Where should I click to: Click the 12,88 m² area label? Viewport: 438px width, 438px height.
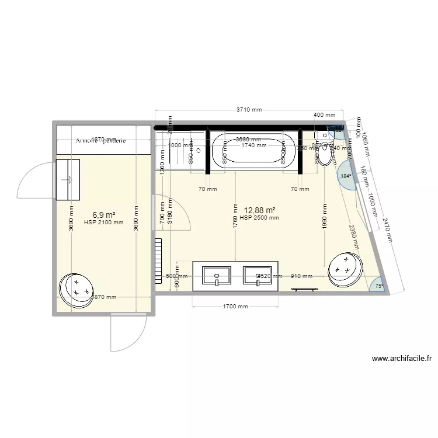click(259, 210)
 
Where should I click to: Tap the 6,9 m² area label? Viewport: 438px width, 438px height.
click(103, 215)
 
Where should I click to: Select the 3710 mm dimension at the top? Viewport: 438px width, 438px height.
click(248, 109)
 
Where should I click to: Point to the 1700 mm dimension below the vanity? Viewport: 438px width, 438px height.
click(235, 306)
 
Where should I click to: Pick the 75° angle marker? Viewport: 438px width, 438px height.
click(378, 286)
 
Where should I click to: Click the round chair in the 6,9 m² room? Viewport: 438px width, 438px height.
click(77, 289)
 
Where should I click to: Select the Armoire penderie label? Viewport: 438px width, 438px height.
click(100, 141)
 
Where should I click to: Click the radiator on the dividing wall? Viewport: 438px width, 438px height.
click(157, 260)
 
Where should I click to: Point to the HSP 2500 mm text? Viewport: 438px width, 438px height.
click(259, 218)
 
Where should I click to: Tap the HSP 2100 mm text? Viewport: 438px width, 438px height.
click(103, 222)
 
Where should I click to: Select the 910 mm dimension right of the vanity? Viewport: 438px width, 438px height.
click(301, 276)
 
